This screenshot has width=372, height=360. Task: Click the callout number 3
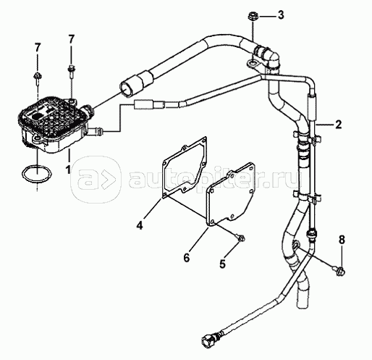[x=280, y=15]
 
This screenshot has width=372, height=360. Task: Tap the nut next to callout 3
[x=253, y=17]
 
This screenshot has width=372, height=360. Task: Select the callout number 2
[x=338, y=125]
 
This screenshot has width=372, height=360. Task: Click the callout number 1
[x=68, y=169]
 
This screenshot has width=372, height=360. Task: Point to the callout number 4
[x=140, y=225]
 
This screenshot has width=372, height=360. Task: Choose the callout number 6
[x=187, y=258]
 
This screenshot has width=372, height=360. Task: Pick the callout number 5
[x=222, y=264]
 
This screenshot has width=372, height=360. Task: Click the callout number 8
[x=342, y=240]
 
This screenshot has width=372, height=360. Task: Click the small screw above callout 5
[x=241, y=238]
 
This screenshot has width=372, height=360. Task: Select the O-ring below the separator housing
[x=37, y=173]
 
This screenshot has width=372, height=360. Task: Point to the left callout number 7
[x=37, y=48]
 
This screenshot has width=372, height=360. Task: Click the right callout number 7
[x=71, y=39]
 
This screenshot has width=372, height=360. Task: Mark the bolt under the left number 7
[x=37, y=78]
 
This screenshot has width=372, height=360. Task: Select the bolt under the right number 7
[x=72, y=70]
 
